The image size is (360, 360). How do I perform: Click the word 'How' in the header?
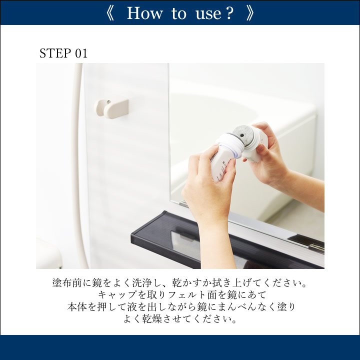point(144,13)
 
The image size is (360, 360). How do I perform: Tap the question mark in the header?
point(228,13)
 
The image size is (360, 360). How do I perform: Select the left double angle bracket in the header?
point(110,13)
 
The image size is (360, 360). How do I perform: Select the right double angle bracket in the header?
point(250,13)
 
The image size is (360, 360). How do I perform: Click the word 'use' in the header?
point(208,14)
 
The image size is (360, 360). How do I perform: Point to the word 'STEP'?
point(55,53)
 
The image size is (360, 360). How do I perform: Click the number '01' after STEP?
point(81,53)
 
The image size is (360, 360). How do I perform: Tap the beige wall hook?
point(112,108)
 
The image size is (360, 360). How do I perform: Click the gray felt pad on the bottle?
point(243,134)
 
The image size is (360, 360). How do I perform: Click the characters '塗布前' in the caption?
point(67,283)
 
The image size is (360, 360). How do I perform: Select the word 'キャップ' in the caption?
point(118,295)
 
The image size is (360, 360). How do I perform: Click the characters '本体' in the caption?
point(77,307)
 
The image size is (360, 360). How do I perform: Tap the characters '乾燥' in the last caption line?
point(152,319)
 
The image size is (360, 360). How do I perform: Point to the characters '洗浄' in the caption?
point(142,283)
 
